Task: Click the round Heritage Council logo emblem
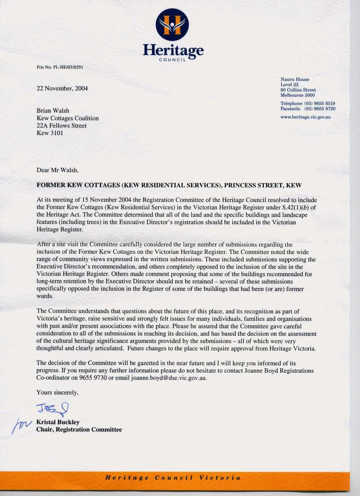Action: click(172, 24)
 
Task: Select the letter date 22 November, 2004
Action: click(62, 89)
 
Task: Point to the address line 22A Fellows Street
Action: click(61, 126)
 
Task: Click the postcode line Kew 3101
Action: click(49, 133)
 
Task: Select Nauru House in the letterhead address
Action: click(295, 79)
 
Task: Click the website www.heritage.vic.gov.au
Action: click(305, 117)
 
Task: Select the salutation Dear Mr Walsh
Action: click(58, 170)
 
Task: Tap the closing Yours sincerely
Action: click(58, 393)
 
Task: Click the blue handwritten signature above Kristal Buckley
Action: click(53, 409)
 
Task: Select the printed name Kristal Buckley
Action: click(58, 422)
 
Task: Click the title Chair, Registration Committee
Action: click(79, 430)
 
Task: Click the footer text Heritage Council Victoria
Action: click(173, 478)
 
